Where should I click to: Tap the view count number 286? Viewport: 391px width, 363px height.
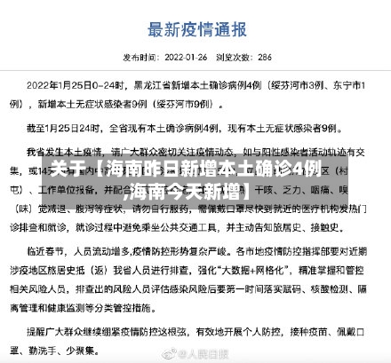tap(264, 56)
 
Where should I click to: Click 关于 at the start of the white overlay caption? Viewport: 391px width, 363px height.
tap(66, 169)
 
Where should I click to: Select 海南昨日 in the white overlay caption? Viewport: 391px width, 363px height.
tap(132, 169)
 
